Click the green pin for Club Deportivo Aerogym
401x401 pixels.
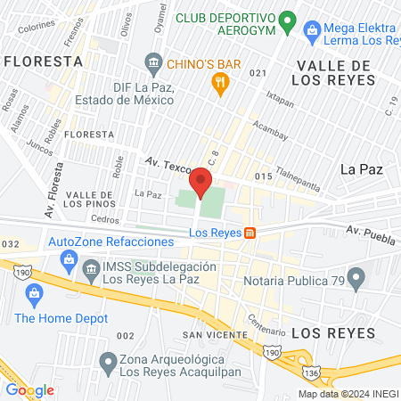coord(287,20)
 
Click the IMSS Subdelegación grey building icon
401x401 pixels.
coord(90,268)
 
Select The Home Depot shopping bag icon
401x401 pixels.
coord(36,294)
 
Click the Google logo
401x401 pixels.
coord(29,389)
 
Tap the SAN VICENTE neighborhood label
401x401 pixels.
coord(215,334)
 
